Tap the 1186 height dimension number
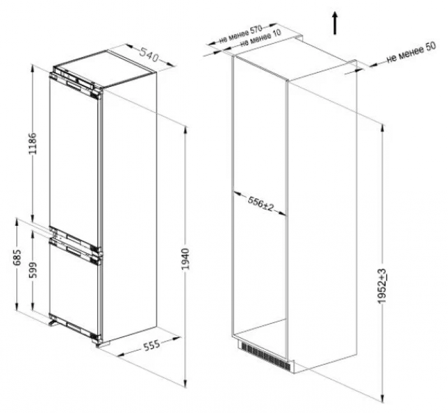click(33, 143)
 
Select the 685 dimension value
click(17, 257)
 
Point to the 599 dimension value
click(33, 270)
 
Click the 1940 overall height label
click(186, 259)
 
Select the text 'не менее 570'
click(241, 34)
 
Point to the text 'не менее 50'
click(412, 53)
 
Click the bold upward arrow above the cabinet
click(335, 24)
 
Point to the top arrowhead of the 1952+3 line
click(382, 126)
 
